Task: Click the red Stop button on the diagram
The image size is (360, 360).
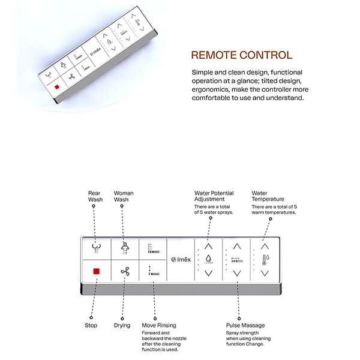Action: (x=95, y=271)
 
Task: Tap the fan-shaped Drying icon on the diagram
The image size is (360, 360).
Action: (x=124, y=271)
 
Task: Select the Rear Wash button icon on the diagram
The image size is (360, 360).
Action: (x=95, y=247)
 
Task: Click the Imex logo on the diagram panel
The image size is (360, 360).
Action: (x=181, y=259)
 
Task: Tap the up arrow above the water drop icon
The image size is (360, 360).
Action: (x=208, y=245)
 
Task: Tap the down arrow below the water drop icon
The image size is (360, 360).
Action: (x=208, y=273)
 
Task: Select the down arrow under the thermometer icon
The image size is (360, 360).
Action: (x=265, y=273)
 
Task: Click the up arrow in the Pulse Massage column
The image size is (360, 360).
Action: (x=237, y=245)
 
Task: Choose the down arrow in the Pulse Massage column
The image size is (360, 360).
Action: (x=237, y=273)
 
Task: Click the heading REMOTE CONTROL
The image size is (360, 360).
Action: (x=241, y=56)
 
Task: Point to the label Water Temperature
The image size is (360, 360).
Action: (x=267, y=196)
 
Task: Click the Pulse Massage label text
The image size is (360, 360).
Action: (x=245, y=326)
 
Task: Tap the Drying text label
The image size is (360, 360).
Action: (x=123, y=326)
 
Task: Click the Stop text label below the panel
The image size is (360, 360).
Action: (x=91, y=326)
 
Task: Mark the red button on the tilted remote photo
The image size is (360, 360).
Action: (x=56, y=87)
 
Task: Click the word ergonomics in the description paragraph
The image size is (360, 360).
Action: (x=206, y=90)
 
